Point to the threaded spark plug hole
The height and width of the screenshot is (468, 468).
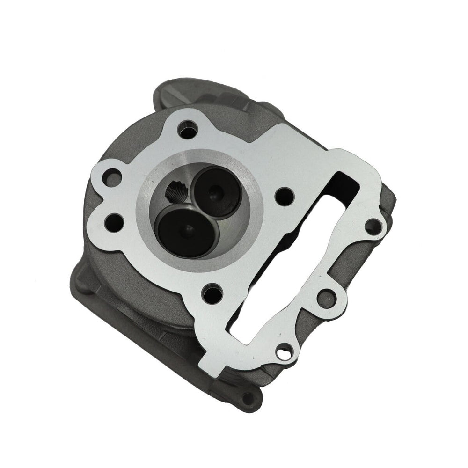[175, 191]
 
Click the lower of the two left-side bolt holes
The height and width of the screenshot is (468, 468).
[114, 219]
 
